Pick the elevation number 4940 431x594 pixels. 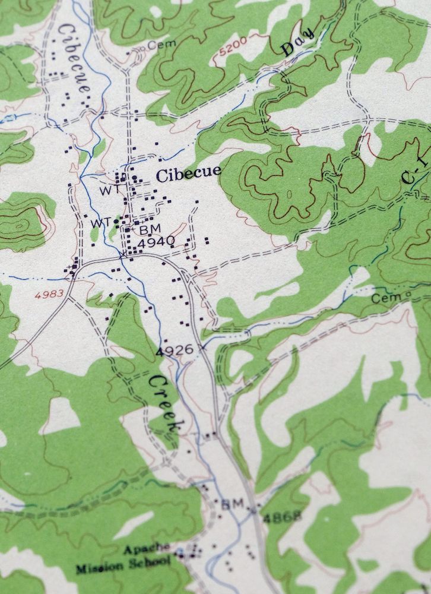[156, 241]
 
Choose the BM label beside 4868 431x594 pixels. [233, 504]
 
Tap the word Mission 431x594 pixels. [97, 568]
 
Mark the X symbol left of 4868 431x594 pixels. [252, 509]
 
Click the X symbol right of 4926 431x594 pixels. [203, 346]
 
